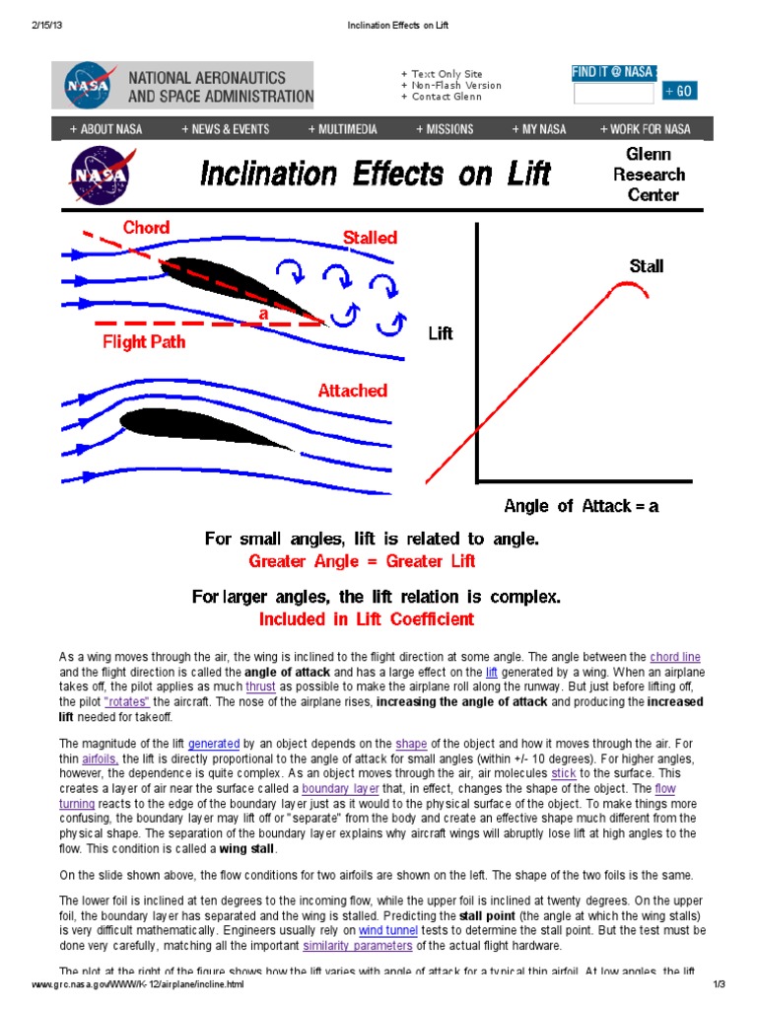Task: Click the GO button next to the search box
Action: click(679, 92)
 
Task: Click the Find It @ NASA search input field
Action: click(613, 93)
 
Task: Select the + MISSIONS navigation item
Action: click(445, 129)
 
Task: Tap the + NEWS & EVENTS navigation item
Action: click(225, 129)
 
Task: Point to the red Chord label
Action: click(146, 228)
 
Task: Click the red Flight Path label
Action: click(144, 342)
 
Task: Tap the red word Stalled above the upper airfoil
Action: click(370, 237)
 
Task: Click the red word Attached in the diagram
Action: click(352, 391)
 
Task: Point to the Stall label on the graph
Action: click(646, 265)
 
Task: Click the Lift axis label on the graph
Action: click(440, 333)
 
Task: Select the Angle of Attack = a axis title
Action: click(581, 506)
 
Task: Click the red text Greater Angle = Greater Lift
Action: click(362, 561)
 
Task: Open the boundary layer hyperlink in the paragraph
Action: click(334, 789)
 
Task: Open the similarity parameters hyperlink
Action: click(357, 945)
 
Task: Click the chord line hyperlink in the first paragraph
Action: click(675, 657)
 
